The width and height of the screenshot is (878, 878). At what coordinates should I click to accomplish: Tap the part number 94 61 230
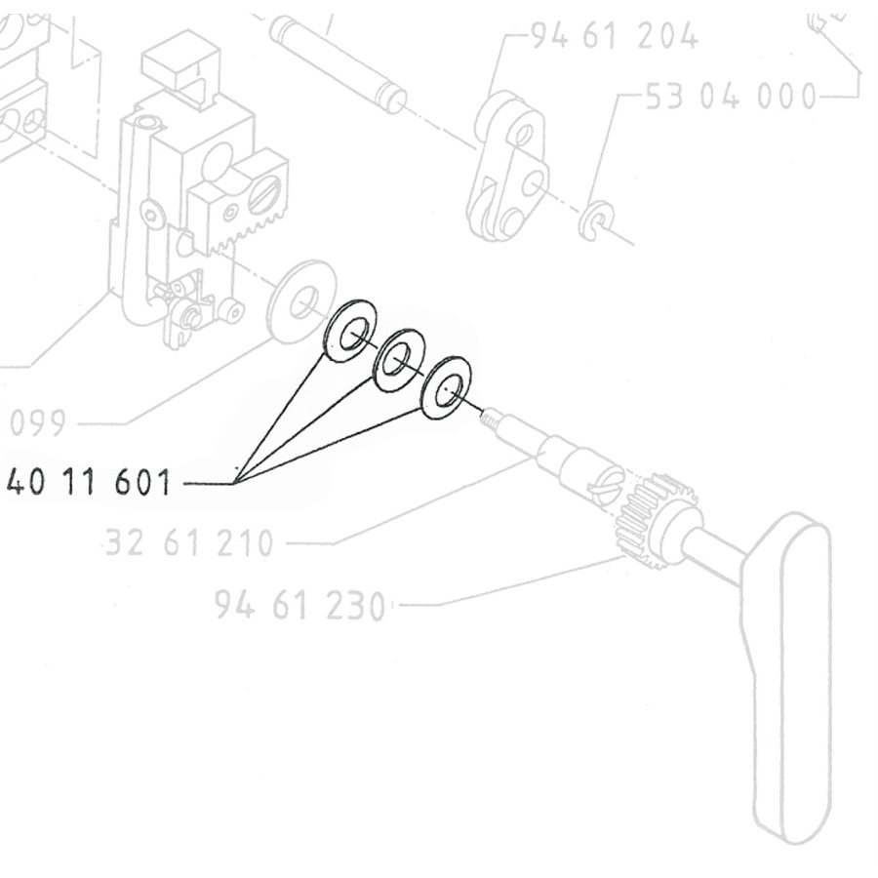tap(300, 606)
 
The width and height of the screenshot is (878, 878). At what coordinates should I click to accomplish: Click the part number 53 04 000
tap(731, 97)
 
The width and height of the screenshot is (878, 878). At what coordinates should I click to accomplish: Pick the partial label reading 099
tap(39, 424)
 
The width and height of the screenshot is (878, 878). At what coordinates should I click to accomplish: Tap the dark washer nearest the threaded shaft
tap(446, 388)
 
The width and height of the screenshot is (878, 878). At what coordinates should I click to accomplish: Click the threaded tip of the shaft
tap(490, 419)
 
